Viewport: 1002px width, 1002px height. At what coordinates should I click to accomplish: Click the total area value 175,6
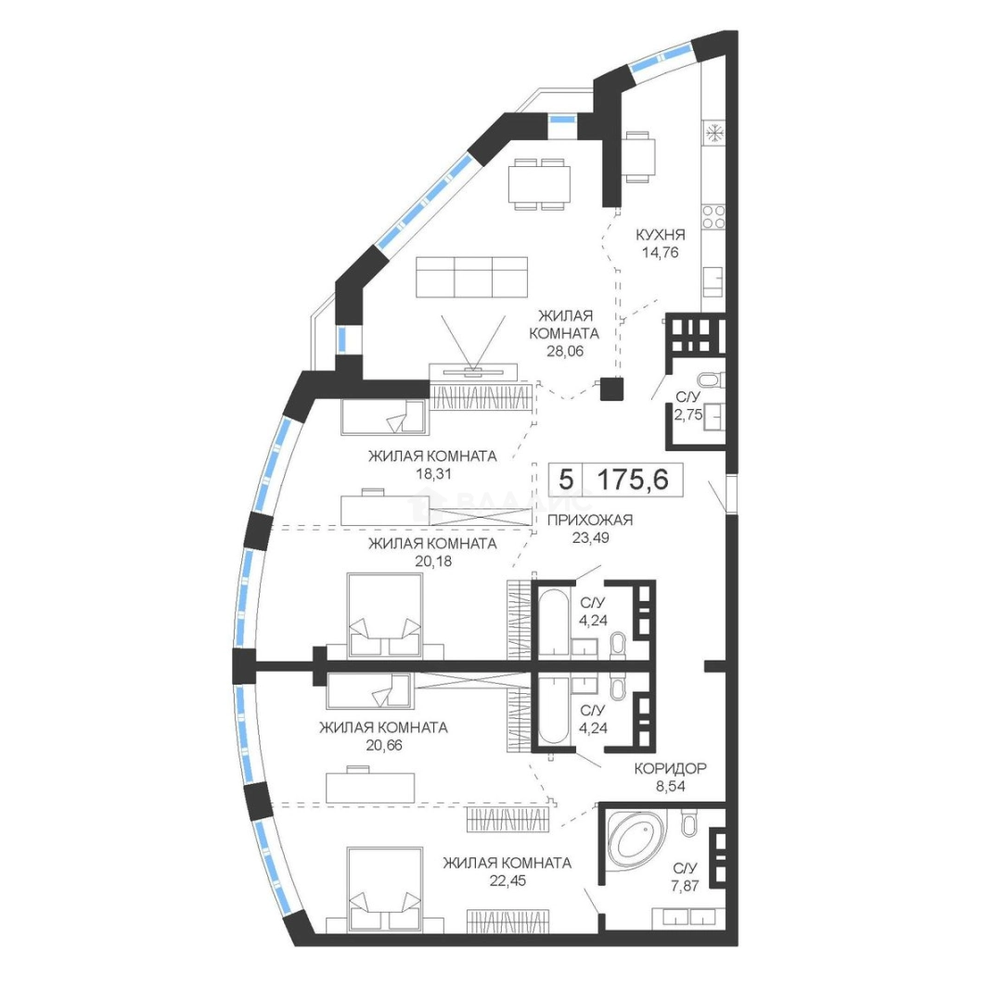click(x=633, y=479)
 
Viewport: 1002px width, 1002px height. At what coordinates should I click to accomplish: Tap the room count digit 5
click(x=566, y=479)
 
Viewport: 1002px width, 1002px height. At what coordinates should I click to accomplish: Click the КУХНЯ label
click(x=661, y=235)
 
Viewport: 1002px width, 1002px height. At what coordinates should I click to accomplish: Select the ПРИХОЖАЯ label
click(x=590, y=520)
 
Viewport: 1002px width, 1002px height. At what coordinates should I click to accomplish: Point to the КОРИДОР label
click(x=671, y=768)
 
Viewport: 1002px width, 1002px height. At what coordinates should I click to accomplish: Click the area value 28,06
click(x=565, y=351)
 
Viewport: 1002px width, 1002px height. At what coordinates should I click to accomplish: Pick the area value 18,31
click(x=433, y=473)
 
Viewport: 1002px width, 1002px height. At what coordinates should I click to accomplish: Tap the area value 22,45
click(x=507, y=880)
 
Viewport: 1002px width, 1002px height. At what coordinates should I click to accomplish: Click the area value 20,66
click(x=384, y=745)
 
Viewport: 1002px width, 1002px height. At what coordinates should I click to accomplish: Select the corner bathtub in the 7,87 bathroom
click(x=636, y=839)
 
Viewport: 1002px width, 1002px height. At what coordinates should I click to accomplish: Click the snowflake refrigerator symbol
click(x=713, y=134)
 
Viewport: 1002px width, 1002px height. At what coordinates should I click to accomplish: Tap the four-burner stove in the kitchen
click(x=713, y=217)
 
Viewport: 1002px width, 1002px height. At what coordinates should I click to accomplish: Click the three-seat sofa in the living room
click(x=471, y=276)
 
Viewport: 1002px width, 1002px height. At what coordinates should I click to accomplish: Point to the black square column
click(x=611, y=389)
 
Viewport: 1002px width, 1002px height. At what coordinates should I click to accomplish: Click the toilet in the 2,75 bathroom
click(x=711, y=380)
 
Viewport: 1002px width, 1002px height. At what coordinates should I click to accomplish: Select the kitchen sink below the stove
click(x=713, y=282)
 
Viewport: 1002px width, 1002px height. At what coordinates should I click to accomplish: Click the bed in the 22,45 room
click(x=385, y=890)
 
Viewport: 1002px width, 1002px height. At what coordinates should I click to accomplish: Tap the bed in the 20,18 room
click(x=385, y=616)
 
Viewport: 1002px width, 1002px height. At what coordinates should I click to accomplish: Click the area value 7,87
click(x=685, y=886)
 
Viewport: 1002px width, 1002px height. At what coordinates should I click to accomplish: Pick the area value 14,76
click(x=661, y=252)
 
